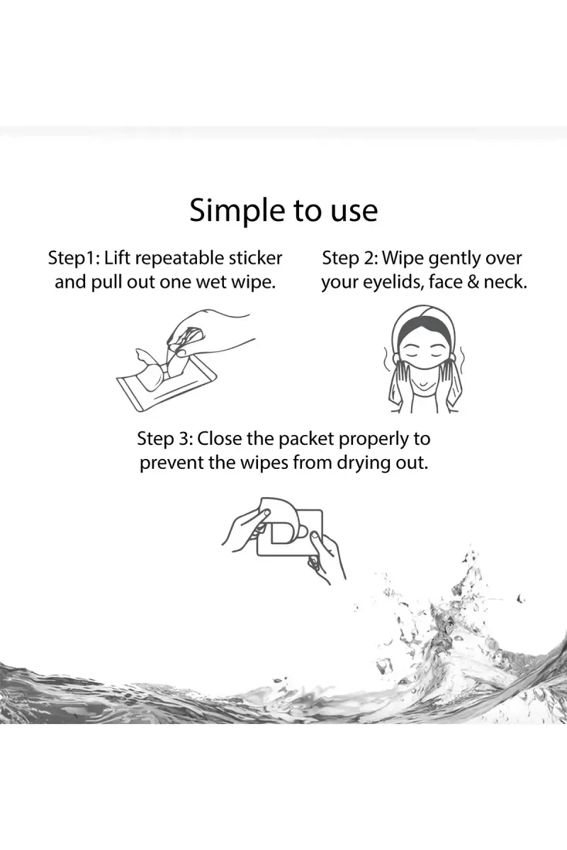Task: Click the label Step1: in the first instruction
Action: point(74,259)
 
